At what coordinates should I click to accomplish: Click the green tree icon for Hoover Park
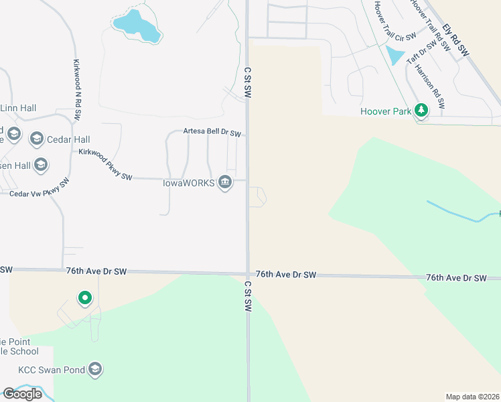pos(421,110)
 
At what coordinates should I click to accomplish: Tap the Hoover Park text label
pos(385,111)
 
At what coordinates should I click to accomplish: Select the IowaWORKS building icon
pos(225,182)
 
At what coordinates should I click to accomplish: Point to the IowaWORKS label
pos(188,182)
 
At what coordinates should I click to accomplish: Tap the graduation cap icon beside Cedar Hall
pos(36,139)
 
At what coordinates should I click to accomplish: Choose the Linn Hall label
pos(18,108)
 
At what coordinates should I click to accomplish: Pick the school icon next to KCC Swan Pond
pos(95,368)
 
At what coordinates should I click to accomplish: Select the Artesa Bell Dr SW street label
pos(212,133)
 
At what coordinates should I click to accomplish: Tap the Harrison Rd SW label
pos(430,86)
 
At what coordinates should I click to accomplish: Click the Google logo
pos(22,393)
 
